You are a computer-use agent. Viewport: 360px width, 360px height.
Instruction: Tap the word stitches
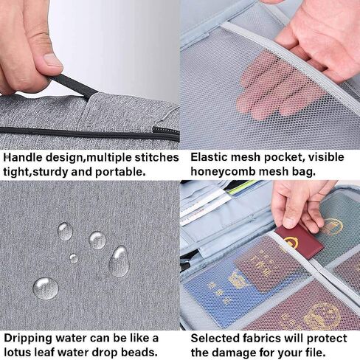157,158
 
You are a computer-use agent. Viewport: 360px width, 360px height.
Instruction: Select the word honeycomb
224,172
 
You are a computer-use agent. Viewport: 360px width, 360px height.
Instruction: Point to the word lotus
17,353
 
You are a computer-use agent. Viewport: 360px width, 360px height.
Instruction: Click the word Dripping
28,339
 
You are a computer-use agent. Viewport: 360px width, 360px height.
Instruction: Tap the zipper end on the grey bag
165,134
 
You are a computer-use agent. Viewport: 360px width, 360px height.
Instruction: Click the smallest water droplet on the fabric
74,258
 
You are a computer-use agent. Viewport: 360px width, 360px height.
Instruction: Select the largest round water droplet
46,288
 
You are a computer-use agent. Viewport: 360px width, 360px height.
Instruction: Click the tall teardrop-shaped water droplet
119,261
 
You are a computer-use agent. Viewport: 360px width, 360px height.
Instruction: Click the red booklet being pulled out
299,241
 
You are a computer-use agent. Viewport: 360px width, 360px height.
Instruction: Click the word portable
120,172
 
